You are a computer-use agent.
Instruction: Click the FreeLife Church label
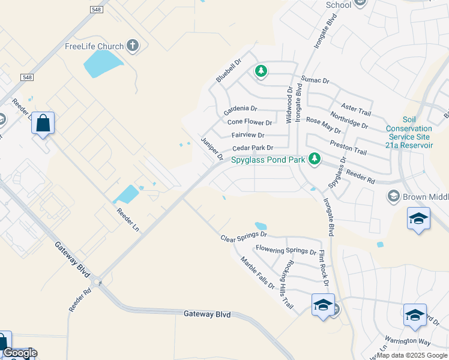pos(94,46)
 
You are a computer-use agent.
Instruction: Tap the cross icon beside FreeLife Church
pos(133,46)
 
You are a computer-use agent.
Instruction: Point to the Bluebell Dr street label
pos(228,70)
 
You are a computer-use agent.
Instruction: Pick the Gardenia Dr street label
pos(240,109)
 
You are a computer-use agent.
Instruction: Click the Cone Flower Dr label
pos(249,122)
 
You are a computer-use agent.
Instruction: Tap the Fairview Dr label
pos(248,135)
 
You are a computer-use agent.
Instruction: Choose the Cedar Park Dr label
pos(253,148)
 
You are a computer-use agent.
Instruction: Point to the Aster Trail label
pos(356,108)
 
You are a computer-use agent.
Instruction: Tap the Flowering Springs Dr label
pos(286,250)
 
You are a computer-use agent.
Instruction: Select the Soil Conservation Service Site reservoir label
pos(409,133)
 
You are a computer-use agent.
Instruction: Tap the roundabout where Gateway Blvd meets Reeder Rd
pos(95,281)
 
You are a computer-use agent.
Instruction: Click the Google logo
pos(19,353)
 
